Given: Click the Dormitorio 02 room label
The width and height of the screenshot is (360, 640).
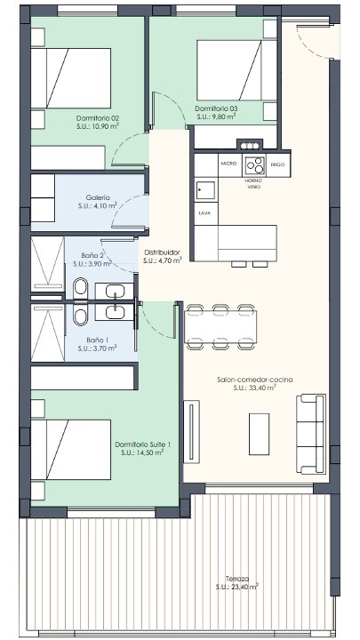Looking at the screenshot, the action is [x=98, y=119].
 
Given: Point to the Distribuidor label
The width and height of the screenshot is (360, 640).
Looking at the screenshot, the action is [x=162, y=252].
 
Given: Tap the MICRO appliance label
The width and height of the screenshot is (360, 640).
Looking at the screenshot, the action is [x=228, y=164].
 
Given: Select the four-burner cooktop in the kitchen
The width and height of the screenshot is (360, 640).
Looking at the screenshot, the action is [x=255, y=165].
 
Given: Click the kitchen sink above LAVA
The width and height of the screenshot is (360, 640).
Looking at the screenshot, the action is [x=205, y=190].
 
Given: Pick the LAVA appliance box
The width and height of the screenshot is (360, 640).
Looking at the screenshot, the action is [x=205, y=212].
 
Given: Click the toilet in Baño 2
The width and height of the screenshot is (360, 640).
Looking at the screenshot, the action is [x=81, y=288].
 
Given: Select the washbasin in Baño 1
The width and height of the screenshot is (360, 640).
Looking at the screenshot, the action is [x=115, y=313].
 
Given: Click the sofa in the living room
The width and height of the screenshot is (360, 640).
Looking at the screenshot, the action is [x=310, y=434].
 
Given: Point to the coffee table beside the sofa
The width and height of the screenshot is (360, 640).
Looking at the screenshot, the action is [x=260, y=434].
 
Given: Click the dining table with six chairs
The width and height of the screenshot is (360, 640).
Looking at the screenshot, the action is [x=220, y=326].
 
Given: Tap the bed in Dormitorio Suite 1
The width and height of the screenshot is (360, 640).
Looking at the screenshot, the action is [x=71, y=450].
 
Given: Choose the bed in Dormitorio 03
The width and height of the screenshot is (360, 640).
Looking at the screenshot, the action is [x=236, y=70].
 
